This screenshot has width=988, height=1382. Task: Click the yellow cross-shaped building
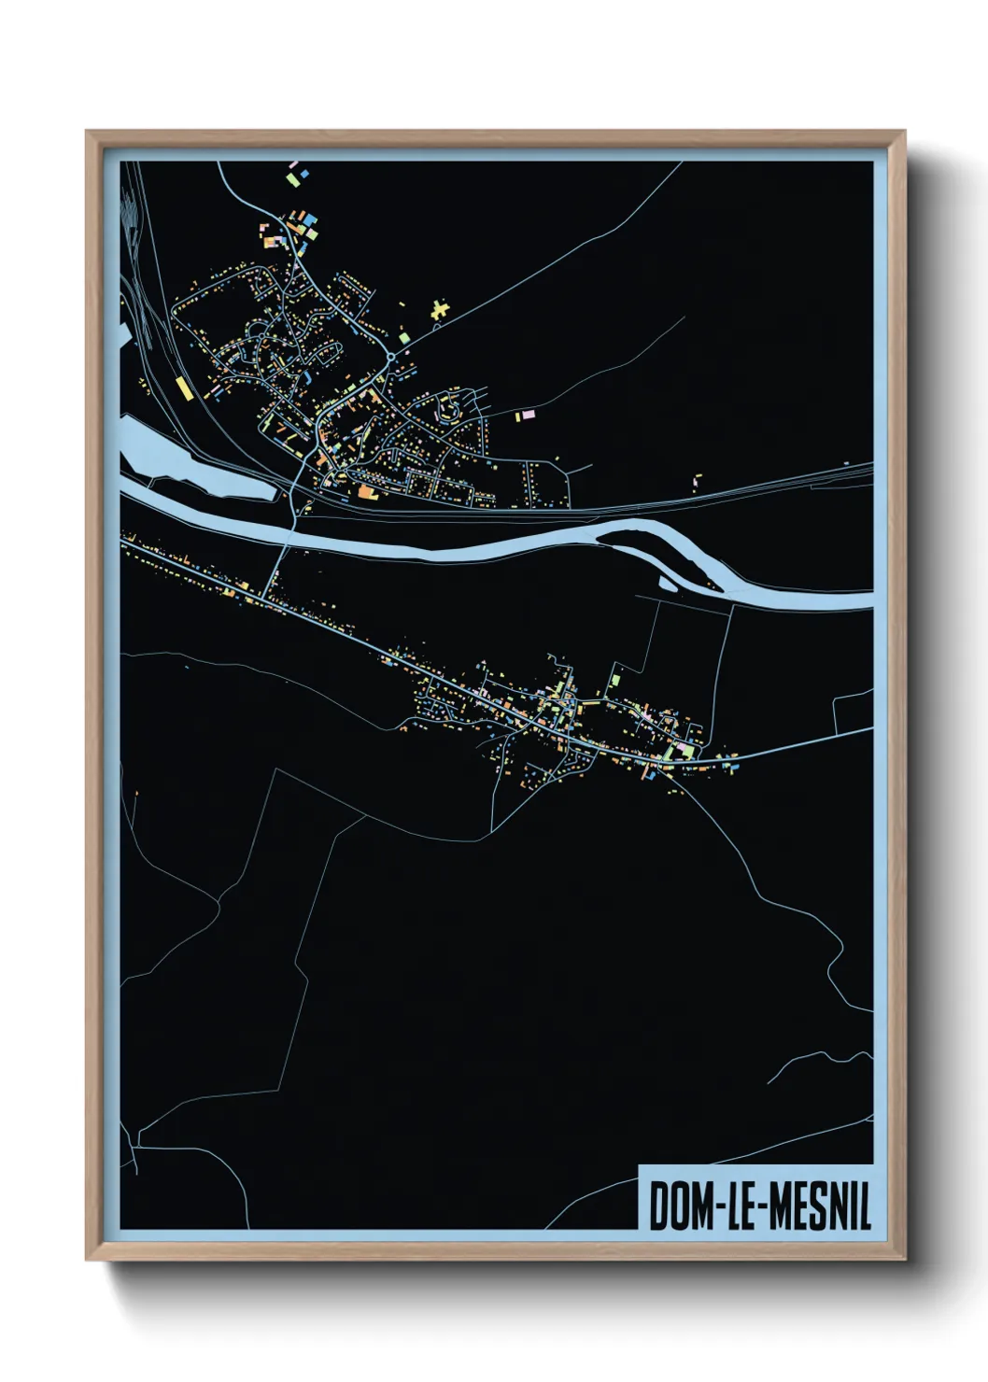click(440, 309)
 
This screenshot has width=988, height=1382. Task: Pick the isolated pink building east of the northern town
click(527, 414)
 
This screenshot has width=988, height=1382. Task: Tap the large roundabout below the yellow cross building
click(391, 357)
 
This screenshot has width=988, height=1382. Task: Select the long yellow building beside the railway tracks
click(182, 388)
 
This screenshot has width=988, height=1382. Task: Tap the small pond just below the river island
click(667, 585)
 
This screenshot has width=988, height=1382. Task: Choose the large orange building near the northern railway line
click(365, 491)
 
